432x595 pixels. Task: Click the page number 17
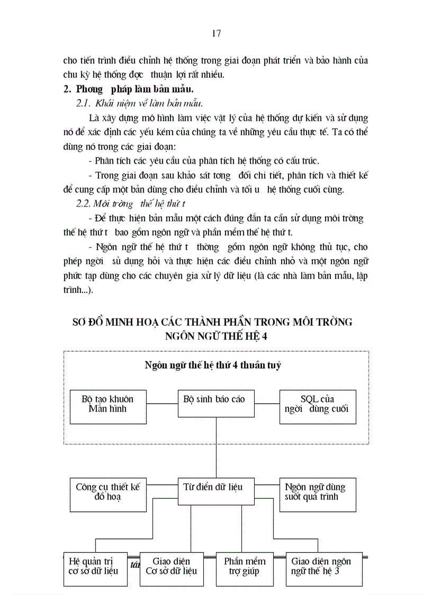coord(216,33)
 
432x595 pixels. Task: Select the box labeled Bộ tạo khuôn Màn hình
coord(108,406)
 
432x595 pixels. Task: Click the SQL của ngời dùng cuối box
coord(318,406)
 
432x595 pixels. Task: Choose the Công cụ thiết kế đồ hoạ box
coord(108,494)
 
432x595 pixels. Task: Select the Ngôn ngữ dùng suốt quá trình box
coord(318,494)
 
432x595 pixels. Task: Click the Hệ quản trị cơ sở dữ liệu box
coord(94,569)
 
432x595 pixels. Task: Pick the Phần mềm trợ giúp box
coord(245,569)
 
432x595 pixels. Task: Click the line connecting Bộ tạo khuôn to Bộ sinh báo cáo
coord(161,404)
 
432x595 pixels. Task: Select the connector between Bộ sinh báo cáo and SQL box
coord(266,404)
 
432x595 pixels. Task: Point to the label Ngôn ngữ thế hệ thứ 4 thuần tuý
coord(213,365)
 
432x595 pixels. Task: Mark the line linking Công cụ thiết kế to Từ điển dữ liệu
coord(161,484)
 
